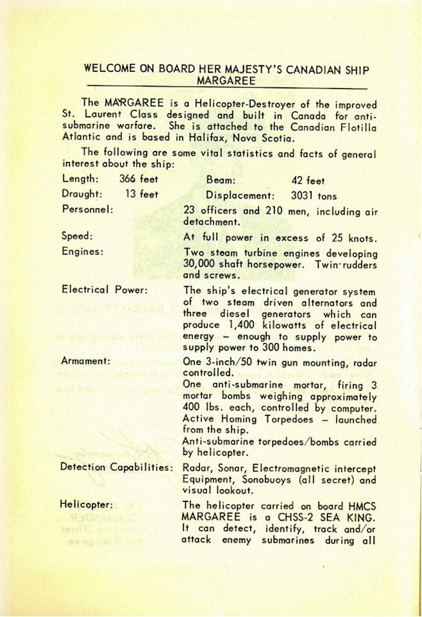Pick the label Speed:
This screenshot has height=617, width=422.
pyautogui.click(x=77, y=237)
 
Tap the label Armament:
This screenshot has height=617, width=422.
pyautogui.click(x=86, y=360)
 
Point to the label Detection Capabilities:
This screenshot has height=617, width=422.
pyautogui.click(x=117, y=467)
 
